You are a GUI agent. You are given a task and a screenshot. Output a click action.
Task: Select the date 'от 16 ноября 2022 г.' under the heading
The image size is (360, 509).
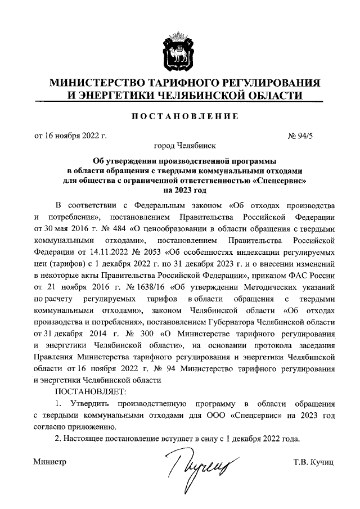tap(71, 136)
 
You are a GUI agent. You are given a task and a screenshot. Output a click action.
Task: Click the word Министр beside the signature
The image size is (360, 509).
tap(50, 462)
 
